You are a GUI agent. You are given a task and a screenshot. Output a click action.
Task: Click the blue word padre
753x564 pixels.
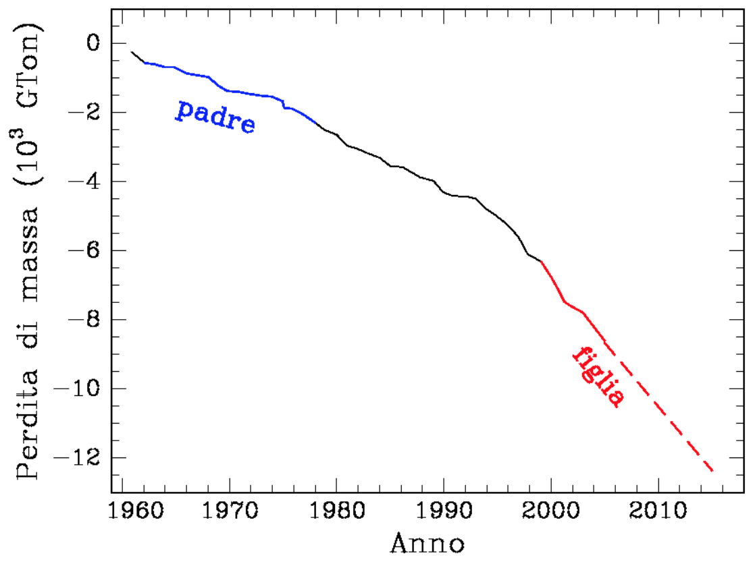pos(215,117)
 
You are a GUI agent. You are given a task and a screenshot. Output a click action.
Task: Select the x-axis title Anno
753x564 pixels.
pos(427,543)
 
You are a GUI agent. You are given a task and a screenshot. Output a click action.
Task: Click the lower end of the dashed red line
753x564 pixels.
pos(712,470)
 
